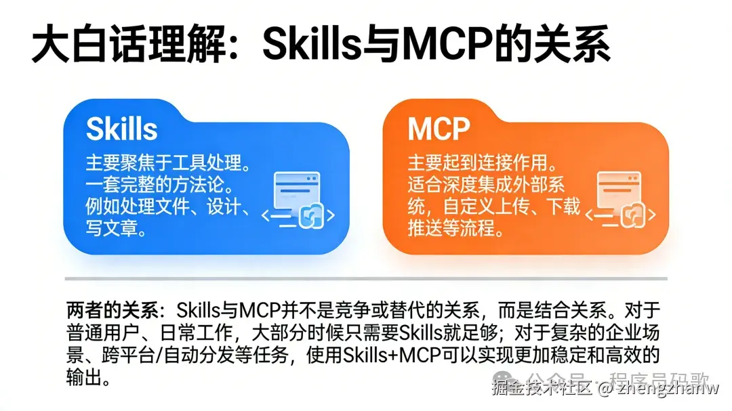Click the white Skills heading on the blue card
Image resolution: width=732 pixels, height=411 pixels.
pyautogui.click(x=122, y=129)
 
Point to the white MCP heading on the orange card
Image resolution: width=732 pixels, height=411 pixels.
pyautogui.click(x=439, y=129)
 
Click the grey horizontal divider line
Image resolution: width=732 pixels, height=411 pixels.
pyautogui.click(x=366, y=278)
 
